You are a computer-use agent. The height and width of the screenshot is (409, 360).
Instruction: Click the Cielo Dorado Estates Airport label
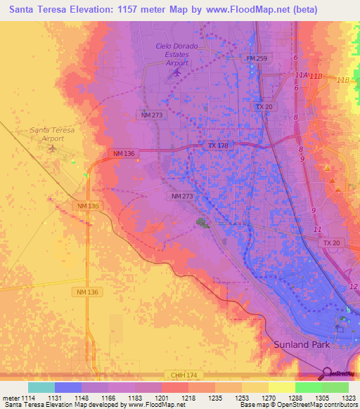click(176, 55)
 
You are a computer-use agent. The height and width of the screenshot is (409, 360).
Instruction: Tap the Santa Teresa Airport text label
click(47, 134)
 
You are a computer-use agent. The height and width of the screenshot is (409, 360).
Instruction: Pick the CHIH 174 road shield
click(181, 376)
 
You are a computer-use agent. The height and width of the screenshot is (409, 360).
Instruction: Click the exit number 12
click(354, 285)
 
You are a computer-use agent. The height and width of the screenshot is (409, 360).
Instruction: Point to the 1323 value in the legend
click(349, 398)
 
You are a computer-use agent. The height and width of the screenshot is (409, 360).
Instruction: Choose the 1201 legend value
click(161, 398)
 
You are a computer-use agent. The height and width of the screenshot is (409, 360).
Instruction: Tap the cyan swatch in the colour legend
click(41, 387)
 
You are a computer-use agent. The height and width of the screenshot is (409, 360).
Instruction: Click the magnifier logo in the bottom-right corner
click(326, 373)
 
